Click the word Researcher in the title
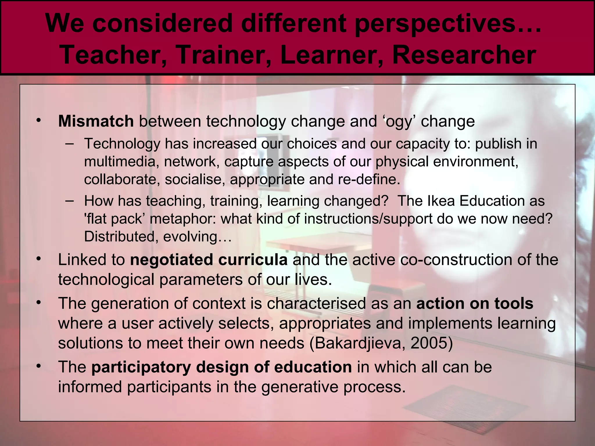[x=464, y=55]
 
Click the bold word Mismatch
[x=96, y=121]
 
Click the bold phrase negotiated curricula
[x=209, y=260]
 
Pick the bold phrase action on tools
[x=475, y=303]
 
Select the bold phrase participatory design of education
[x=221, y=367]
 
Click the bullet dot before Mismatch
[x=38, y=121]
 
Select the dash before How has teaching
[x=69, y=201]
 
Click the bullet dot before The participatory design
[x=38, y=366]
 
